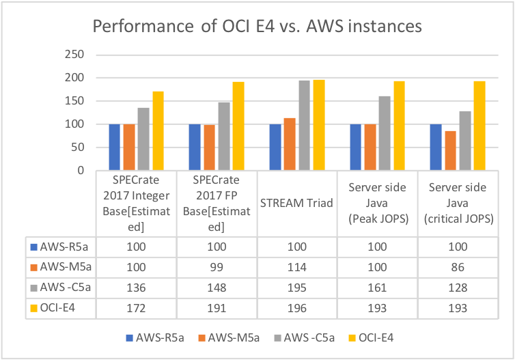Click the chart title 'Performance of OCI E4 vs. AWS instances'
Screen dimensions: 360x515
pos(257,27)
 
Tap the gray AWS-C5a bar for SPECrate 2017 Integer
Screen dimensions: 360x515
pos(144,139)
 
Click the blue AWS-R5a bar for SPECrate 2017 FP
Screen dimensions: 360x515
pos(194,148)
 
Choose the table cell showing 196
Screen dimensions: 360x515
pos(296,309)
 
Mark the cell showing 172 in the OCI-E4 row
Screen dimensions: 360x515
pos(135,309)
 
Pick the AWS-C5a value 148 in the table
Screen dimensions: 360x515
pos(215,288)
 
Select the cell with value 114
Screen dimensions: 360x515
pos(296,266)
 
